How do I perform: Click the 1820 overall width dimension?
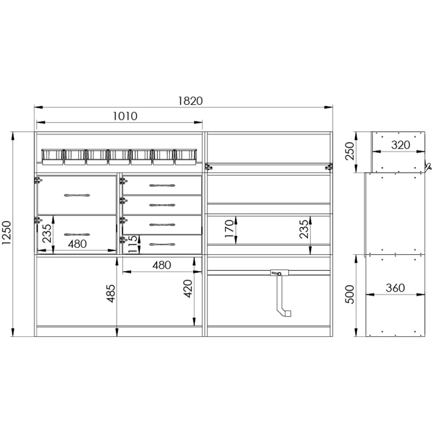coord(191,101)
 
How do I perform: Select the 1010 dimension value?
coord(125,116)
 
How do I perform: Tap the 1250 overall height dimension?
coord(6,233)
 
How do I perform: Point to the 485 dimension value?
coord(111,293)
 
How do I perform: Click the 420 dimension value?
coord(188,288)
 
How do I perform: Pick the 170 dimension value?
coord(229,228)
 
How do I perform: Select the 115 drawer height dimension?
coord(132,244)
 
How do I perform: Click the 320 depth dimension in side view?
coord(401,145)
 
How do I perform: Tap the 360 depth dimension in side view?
coord(395,288)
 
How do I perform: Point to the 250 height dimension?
coord(349,151)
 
